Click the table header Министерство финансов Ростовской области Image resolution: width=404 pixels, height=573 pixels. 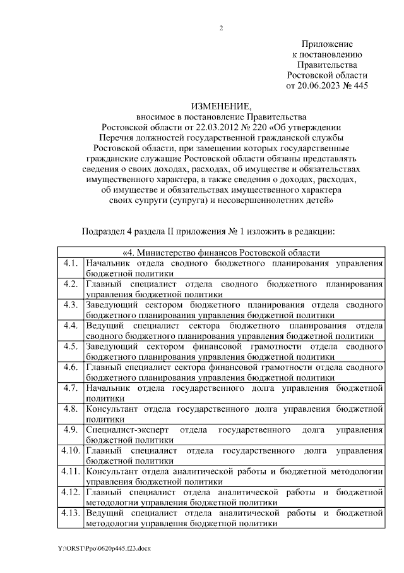coord(221,252)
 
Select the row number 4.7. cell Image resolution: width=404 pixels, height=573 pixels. coord(70,388)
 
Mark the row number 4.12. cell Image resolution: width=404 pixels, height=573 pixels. coord(70,493)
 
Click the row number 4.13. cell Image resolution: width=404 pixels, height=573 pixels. coord(70,514)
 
